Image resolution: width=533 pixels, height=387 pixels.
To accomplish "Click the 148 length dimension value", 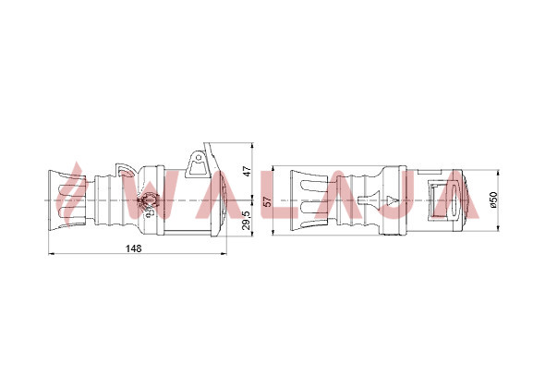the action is point(134,248).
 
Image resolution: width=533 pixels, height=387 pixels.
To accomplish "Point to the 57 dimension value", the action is point(268,200).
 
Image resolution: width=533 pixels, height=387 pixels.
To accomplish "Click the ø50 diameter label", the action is point(493,200).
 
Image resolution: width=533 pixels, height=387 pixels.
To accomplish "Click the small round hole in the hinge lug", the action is point(199,157).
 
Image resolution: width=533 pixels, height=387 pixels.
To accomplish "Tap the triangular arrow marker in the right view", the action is point(392,200).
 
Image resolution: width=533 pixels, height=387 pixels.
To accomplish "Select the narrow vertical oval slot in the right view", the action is point(454,200).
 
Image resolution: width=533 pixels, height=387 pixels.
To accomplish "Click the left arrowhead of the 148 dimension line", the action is point(52,253).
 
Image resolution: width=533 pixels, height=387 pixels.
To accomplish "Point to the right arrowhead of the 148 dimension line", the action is point(224,253).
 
